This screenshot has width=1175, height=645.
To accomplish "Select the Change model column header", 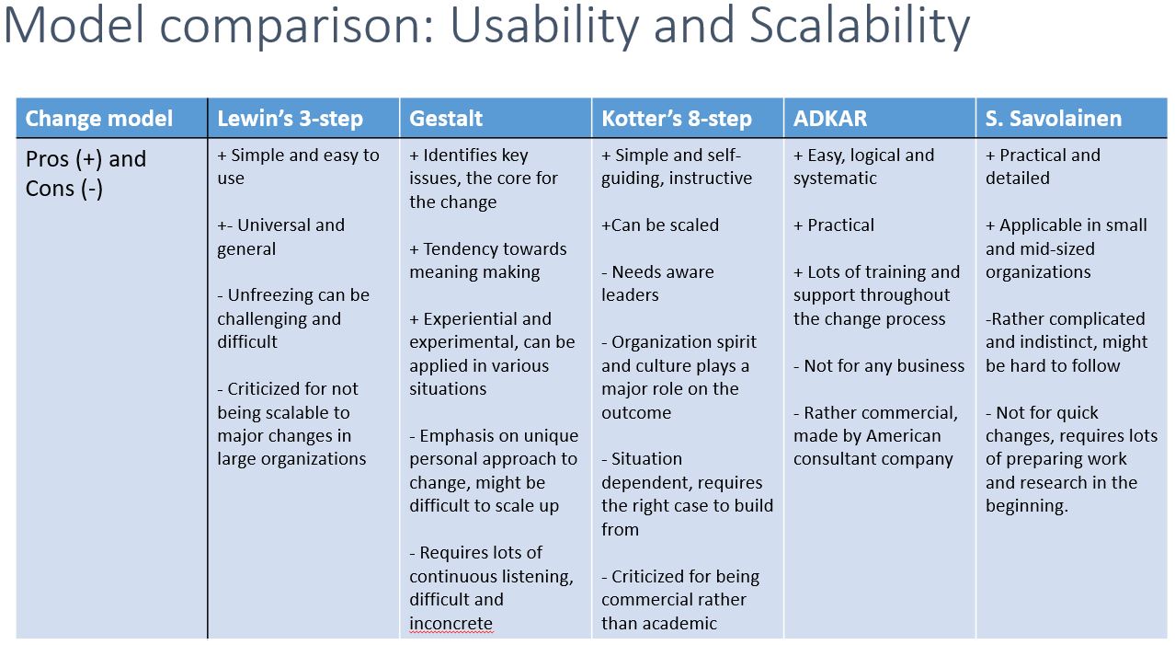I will [x=99, y=119].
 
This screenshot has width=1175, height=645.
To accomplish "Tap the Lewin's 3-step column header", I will [x=290, y=119].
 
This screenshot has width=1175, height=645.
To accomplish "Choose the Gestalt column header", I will [x=446, y=119].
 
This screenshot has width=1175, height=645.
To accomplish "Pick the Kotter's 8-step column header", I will [x=677, y=119].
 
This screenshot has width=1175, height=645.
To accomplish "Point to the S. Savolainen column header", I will [x=1054, y=119].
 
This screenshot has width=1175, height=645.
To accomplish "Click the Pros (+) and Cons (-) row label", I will [x=86, y=173].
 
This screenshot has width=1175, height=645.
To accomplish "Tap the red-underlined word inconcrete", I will [x=451, y=623].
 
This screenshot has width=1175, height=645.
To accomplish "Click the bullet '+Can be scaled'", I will [x=660, y=225].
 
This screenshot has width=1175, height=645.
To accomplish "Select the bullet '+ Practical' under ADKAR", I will [x=834, y=225].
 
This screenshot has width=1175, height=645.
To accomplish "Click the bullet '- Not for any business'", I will [x=879, y=365].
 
